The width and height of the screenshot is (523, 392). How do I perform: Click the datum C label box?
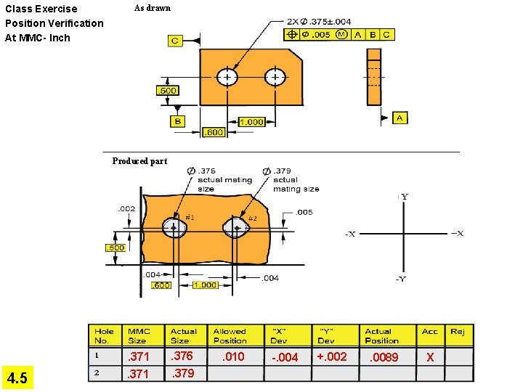coord(175,41)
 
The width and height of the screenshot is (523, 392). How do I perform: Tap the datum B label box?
coord(177,121)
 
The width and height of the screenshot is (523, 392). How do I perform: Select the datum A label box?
coord(400,118)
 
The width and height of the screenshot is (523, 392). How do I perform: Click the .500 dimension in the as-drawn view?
coord(167,90)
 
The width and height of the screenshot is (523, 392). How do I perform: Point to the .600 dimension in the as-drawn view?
coord(214,132)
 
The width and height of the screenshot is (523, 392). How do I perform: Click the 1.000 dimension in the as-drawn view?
coord(251,122)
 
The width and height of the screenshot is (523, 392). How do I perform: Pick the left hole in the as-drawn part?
coord(228,77)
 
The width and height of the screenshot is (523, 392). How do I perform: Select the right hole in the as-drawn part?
coord(275,77)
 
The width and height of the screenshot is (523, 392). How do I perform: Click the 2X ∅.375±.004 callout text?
coord(319,21)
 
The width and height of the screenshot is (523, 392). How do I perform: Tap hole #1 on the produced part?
coord(174,228)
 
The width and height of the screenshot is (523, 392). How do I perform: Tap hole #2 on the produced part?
coord(238,228)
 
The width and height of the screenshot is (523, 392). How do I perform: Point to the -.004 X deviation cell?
coord(285,357)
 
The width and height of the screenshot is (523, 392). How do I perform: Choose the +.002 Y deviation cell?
coord(332,356)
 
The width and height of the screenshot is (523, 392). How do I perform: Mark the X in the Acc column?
coord(430,357)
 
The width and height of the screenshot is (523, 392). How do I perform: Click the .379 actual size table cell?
coord(182,374)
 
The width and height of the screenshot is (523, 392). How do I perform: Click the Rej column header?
coord(458,332)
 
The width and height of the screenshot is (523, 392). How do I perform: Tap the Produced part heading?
coord(139,161)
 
